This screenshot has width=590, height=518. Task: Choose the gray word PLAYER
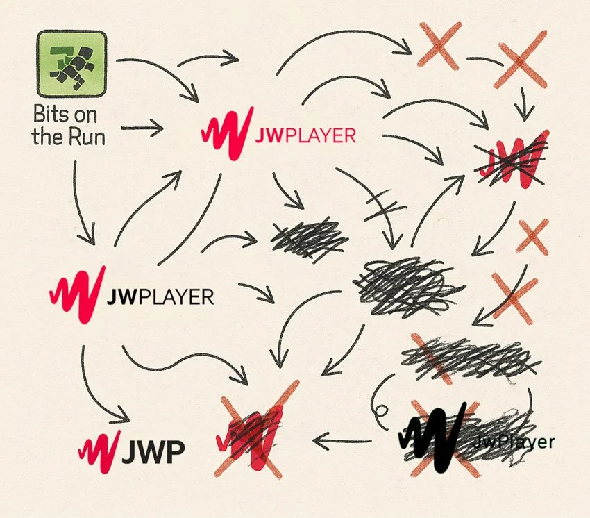pos(176,298)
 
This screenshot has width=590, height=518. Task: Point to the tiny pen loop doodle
pos(381,412)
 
